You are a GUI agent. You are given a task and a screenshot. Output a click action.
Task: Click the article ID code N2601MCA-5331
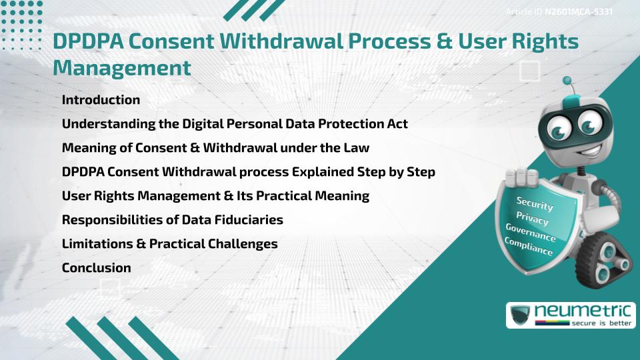[578, 12]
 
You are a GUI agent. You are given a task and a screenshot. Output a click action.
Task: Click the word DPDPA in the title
[89, 41]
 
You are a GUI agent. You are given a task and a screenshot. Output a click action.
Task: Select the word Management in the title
[121, 67]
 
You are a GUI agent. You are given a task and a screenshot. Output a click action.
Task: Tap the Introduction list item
[101, 100]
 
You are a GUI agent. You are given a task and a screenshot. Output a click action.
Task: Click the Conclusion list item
[96, 268]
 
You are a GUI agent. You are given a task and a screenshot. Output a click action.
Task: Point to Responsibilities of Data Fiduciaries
[172, 220]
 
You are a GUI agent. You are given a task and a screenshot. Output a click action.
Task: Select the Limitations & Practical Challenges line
[169, 244]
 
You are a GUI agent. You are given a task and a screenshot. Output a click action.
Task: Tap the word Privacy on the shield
[532, 218]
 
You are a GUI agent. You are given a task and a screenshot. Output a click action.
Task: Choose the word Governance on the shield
[531, 233]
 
